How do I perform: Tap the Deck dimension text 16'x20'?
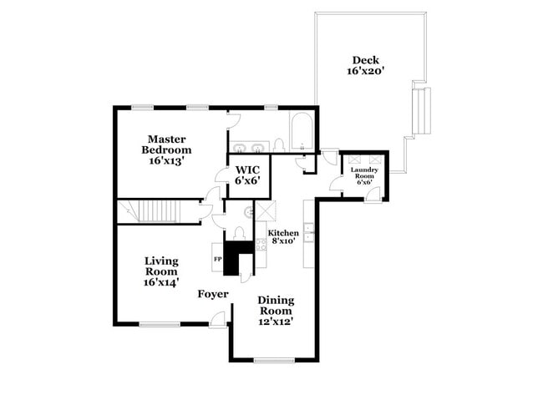(x=364, y=73)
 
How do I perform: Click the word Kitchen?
(x=282, y=233)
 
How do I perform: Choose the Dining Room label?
(x=276, y=305)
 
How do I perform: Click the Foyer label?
(x=212, y=294)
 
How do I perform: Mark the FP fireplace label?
(x=219, y=259)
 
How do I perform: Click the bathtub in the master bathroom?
(x=301, y=132)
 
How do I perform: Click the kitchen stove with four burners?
(x=260, y=244)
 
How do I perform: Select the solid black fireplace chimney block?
(x=239, y=255)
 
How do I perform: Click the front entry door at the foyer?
(x=218, y=318)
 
